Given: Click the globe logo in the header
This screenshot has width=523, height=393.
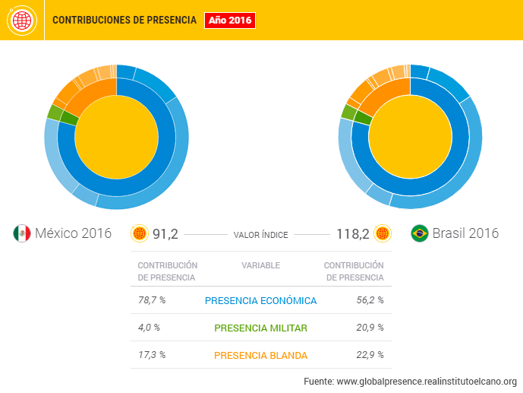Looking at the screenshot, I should [x=20, y=21].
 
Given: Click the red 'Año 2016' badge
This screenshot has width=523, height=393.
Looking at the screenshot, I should [x=230, y=20].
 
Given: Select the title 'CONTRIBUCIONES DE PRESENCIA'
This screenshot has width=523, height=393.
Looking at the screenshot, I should [x=124, y=20].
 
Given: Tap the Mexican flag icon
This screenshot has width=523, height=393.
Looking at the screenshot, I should [x=21, y=233].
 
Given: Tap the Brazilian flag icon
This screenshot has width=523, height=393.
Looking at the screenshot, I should [x=418, y=233].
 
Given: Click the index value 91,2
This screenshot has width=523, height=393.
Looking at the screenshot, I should [x=165, y=233].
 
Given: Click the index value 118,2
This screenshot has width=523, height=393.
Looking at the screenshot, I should [x=352, y=233].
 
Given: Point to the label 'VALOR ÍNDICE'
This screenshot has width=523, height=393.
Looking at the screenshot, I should [x=260, y=235].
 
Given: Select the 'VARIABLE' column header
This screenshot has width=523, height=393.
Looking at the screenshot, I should [x=260, y=265].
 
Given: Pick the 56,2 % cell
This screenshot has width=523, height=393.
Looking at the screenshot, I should [x=370, y=300].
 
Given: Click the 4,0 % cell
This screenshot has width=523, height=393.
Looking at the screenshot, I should [x=149, y=328].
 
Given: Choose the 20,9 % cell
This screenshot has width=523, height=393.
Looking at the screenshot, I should [x=370, y=328].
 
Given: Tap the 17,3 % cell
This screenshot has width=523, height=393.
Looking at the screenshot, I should [x=151, y=355].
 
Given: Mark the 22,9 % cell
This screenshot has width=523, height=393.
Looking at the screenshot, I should [x=370, y=355].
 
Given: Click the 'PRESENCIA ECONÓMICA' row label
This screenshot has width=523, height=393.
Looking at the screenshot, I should [x=260, y=301].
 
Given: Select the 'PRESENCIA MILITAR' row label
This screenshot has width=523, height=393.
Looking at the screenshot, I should [x=260, y=328].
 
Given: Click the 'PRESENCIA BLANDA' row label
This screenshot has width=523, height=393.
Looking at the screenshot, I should [x=260, y=356].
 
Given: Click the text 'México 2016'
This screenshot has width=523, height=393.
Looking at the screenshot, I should [x=73, y=233].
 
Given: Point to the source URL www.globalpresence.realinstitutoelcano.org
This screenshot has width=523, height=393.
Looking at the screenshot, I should [x=426, y=381].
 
